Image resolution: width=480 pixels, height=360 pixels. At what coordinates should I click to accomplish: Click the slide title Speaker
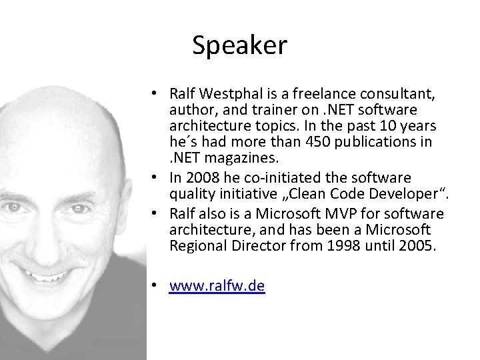pos(239,45)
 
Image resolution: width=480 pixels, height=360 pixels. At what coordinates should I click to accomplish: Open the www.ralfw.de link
pos(217,286)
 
